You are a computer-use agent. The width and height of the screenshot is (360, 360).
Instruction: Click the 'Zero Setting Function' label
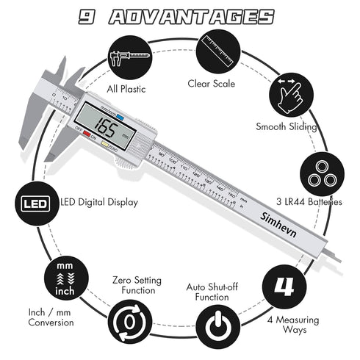tap(134, 284)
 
